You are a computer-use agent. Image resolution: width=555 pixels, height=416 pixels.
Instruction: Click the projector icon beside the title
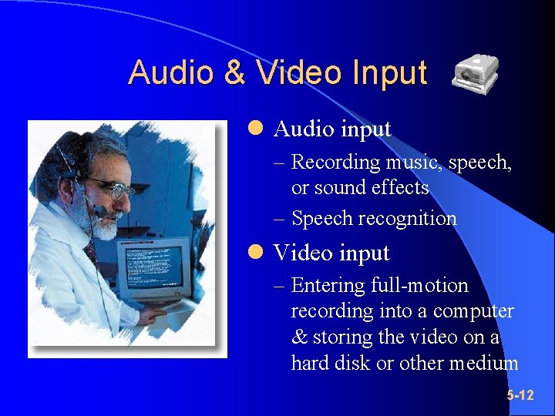(x=473, y=75)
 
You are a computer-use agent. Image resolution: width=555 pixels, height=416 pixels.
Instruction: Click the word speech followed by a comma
(x=479, y=163)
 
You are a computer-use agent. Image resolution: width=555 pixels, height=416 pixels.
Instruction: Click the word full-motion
(x=419, y=286)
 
